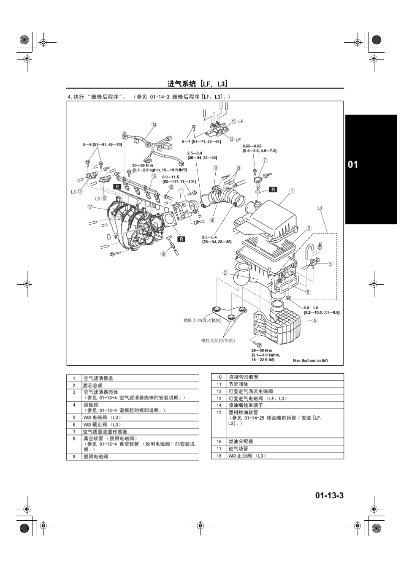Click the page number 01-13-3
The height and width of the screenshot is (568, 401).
click(329, 495)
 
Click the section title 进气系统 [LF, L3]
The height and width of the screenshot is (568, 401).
click(198, 83)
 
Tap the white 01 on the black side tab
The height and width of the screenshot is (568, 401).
click(352, 164)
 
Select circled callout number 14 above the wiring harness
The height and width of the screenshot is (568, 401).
click(154, 125)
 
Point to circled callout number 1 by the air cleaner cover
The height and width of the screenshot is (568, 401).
click(292, 191)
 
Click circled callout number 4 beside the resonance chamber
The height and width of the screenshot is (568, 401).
click(315, 321)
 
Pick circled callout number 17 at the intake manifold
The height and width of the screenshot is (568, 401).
click(90, 207)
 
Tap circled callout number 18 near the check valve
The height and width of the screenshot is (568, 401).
click(163, 254)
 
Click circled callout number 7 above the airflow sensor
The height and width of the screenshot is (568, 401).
click(265, 160)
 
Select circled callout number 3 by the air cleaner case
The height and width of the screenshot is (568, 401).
click(226, 273)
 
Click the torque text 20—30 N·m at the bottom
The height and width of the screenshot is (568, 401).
click(262, 351)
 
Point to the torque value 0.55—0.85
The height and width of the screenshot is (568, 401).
click(252, 146)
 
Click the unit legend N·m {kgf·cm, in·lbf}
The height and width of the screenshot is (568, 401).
click(310, 361)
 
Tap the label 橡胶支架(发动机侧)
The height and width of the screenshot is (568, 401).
click(202, 320)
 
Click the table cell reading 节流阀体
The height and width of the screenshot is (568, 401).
click(238, 384)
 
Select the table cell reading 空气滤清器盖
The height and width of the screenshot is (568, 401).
click(98, 378)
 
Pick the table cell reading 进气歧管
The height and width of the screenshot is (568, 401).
click(238, 448)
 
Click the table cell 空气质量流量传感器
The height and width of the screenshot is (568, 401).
click(105, 432)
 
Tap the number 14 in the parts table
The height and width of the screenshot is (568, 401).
click(219, 405)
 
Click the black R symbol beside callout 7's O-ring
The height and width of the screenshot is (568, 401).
click(273, 189)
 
